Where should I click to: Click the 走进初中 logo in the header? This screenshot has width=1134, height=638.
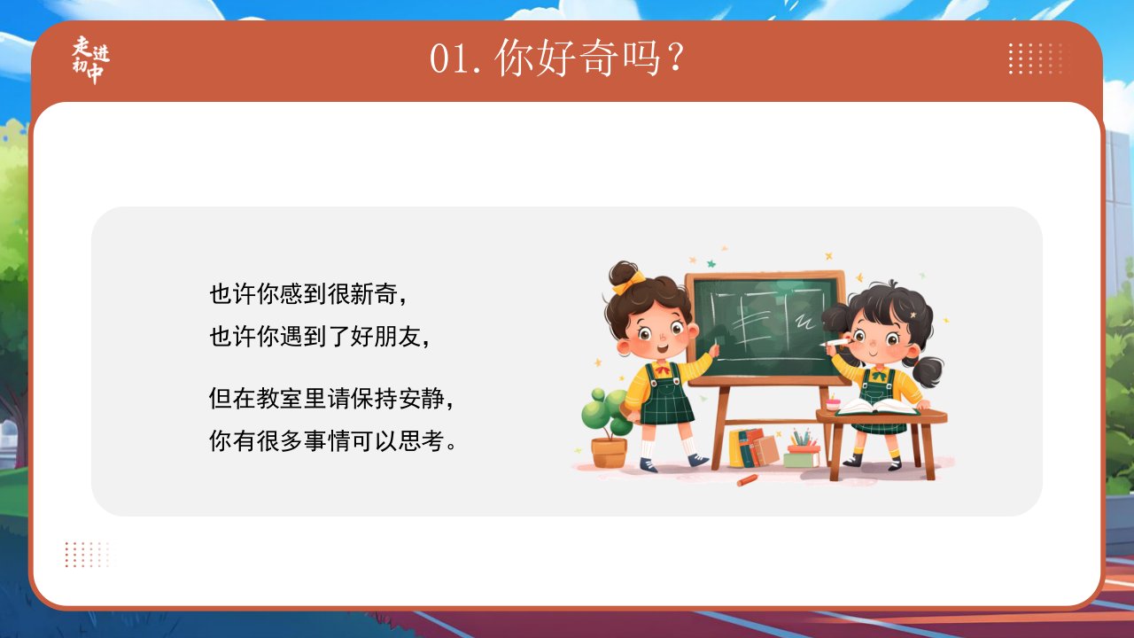pyautogui.click(x=90, y=59)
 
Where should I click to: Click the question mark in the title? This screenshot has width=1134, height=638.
pyautogui.click(x=676, y=57)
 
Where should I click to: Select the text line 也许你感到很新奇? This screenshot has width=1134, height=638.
pyautogui.click(x=307, y=294)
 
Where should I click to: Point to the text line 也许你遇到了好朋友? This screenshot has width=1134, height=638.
pyautogui.click(x=320, y=336)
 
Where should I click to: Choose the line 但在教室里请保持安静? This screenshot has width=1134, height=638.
pyautogui.click(x=331, y=399)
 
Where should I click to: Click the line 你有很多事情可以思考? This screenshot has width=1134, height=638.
pyautogui.click(x=332, y=440)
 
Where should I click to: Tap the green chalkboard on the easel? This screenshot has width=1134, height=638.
pyautogui.click(x=765, y=328)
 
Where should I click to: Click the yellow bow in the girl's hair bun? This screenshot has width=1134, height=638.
pyautogui.click(x=629, y=282)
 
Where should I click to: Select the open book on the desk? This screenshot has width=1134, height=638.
pyautogui.click(x=877, y=407)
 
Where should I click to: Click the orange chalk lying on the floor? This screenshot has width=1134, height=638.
pyautogui.click(x=747, y=479)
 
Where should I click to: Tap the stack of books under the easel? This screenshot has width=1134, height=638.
pyautogui.click(x=753, y=448)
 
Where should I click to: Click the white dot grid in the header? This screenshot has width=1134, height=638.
pyautogui.click(x=1036, y=58)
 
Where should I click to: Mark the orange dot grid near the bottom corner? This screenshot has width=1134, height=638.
pyautogui.click(x=87, y=555)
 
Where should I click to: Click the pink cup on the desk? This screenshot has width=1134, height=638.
pyautogui.click(x=833, y=404)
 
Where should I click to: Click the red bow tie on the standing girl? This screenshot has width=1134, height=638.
pyautogui.click(x=663, y=370)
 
